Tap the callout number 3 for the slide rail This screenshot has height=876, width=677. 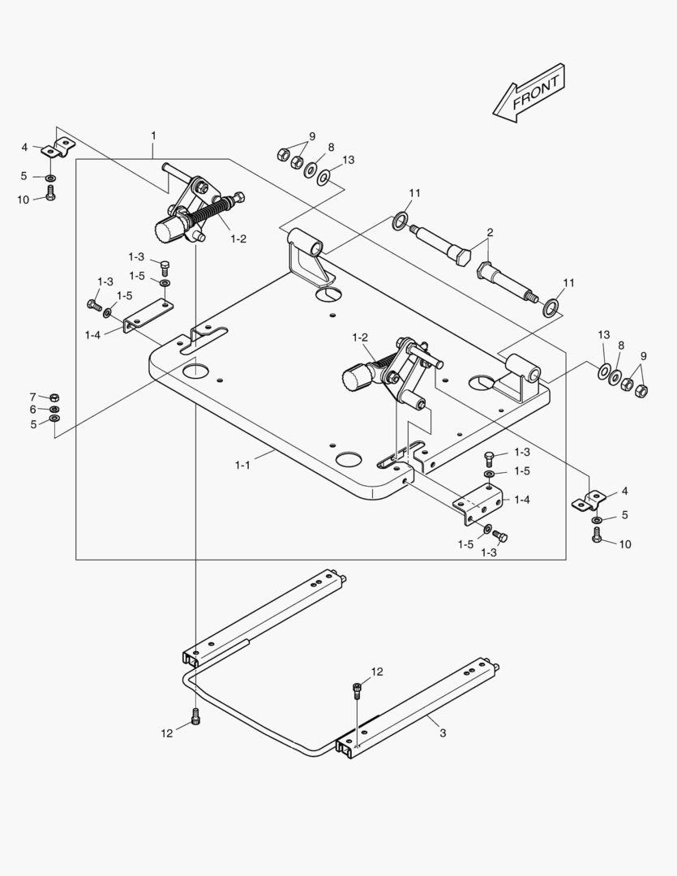pyautogui.click(x=443, y=733)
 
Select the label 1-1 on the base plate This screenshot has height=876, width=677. pyautogui.click(x=242, y=465)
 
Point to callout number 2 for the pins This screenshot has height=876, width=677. pyautogui.click(x=490, y=233)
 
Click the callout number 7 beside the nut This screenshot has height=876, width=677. pyautogui.click(x=33, y=397)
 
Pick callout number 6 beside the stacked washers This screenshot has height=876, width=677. pyautogui.click(x=33, y=410)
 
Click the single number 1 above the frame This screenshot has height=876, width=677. pyautogui.click(x=153, y=135)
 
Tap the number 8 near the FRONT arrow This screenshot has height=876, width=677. pyautogui.click(x=331, y=148)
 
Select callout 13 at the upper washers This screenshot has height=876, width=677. pyautogui.click(x=349, y=160)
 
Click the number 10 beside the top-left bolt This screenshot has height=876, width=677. pyautogui.click(x=23, y=199)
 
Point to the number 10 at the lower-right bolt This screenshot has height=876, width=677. pyautogui.click(x=625, y=544)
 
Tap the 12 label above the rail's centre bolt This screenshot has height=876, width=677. pyautogui.click(x=377, y=672)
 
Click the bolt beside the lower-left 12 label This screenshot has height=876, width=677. pyautogui.click(x=195, y=716)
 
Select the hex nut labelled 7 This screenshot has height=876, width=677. pyautogui.click(x=54, y=397)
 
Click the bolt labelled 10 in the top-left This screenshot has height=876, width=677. pyautogui.click(x=50, y=193)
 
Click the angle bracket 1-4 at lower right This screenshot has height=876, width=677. pyautogui.click(x=478, y=503)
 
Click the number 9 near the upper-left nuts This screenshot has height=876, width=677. pyautogui.click(x=311, y=136)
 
